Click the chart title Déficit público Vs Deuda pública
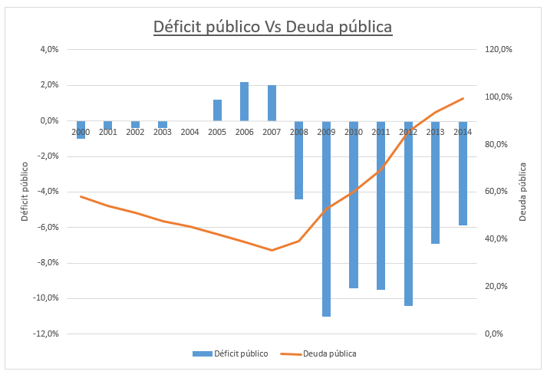point(273,26)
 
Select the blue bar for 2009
point(326,219)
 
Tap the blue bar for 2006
point(244,101)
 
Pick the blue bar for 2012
point(408,213)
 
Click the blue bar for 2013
point(435,182)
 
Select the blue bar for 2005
point(217,110)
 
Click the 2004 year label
point(189,133)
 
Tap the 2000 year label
point(81,133)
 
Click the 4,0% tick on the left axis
point(48,50)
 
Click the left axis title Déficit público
point(25,192)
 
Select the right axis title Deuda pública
point(523,192)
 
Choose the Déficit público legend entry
point(230,353)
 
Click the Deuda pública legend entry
point(318,353)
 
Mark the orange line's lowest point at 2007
point(272,250)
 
